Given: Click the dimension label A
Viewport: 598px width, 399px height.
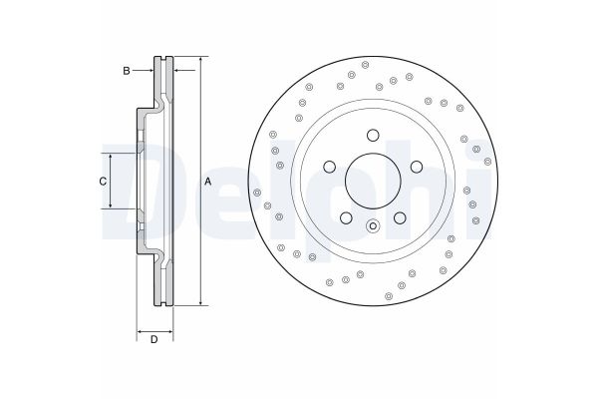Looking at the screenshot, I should (x=208, y=181).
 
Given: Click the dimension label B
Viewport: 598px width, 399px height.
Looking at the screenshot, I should (x=126, y=70).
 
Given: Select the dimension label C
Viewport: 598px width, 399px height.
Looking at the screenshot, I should (x=102, y=181).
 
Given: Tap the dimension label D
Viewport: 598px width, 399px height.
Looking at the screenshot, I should (x=153, y=341).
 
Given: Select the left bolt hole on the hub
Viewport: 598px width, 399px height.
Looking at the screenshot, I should (x=328, y=167).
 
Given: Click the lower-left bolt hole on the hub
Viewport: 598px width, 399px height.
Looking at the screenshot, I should (x=344, y=217).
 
